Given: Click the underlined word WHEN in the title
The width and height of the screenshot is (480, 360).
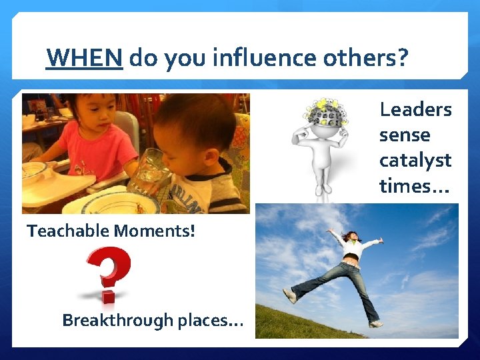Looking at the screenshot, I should (x=84, y=59).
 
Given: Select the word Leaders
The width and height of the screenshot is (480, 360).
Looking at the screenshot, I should (x=415, y=109).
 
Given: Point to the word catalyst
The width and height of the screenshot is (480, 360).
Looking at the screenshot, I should (x=415, y=160).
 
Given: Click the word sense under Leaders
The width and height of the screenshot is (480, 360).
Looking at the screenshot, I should (x=405, y=135).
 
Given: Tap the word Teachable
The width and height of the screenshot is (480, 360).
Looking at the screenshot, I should (x=68, y=231).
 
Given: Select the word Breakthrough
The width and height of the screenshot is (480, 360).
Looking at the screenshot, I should (x=117, y=320).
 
